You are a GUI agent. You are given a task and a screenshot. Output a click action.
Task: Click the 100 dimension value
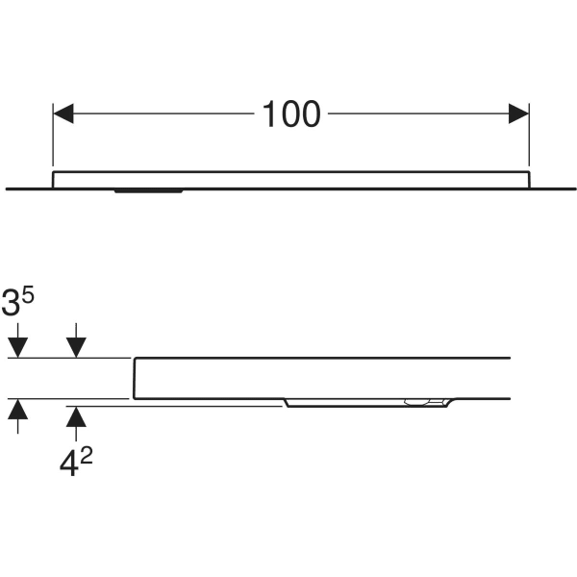291,114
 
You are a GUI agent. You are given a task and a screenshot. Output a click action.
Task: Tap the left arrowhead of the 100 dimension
63,113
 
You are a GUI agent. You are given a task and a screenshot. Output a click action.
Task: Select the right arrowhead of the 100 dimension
518,113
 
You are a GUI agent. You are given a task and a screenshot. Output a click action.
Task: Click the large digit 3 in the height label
11,304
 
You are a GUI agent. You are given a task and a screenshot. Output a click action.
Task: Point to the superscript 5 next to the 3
28,295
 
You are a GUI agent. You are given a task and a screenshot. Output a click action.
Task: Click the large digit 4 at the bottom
69,464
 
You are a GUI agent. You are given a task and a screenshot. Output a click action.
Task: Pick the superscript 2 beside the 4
87,456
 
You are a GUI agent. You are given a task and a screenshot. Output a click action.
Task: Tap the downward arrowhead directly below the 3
17,347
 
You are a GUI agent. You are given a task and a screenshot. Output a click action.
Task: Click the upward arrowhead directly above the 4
76,416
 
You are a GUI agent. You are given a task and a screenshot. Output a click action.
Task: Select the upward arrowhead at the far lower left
17,409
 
